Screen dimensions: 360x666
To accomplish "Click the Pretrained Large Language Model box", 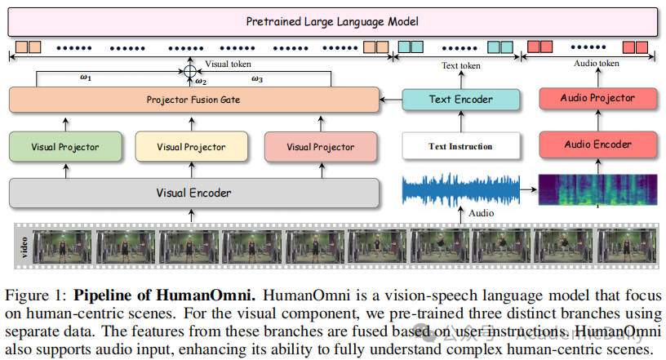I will point(332,20).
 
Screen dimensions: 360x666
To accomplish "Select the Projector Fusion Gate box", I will point(193,100).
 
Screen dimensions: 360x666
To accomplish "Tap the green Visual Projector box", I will point(65,147).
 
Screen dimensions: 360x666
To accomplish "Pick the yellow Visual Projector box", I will point(191,147).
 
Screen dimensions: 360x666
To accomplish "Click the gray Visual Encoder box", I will point(193,193).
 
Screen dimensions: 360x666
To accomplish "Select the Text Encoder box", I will point(461,100).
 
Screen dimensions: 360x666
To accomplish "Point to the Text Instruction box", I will point(461,146).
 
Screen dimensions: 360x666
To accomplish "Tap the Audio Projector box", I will point(597,98).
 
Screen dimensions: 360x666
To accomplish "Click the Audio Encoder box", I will point(597,144).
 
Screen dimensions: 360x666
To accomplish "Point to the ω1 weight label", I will point(86,78).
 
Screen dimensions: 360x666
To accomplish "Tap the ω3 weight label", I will point(257,78).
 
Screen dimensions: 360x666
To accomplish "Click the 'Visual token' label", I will point(228,63).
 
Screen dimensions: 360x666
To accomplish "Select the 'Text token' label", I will point(461,65).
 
